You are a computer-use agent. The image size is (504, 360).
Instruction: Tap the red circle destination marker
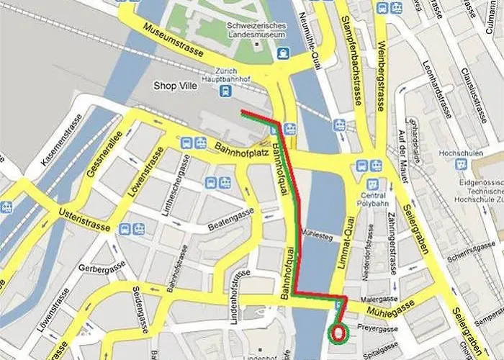pos(338,333)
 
